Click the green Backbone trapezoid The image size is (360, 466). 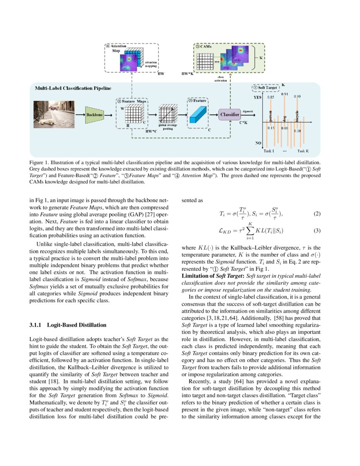coord(94,114)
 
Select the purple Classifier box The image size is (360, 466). coord(230,114)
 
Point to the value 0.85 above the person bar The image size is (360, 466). coord(271,97)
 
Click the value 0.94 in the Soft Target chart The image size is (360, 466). coord(285,94)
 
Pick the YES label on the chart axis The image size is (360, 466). coord(257,97)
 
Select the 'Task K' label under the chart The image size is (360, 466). coord(302,151)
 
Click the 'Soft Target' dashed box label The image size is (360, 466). coord(266,88)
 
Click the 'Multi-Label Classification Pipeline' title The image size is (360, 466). coord(73,88)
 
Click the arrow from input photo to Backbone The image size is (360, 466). coord(80,114)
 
